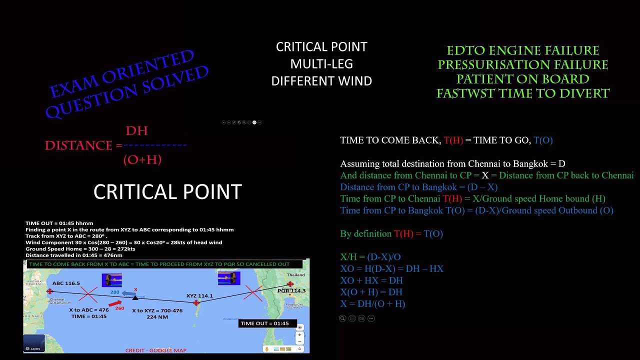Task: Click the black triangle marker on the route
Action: click(x=135, y=297)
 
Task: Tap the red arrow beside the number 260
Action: click(x=115, y=303)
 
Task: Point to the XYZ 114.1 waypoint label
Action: click(x=199, y=295)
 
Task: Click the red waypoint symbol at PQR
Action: click(x=289, y=284)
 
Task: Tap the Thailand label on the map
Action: click(x=295, y=275)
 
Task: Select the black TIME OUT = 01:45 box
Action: click(x=264, y=323)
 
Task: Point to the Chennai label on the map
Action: click(x=56, y=299)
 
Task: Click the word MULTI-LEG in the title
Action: click(x=321, y=64)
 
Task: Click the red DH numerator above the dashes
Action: click(x=136, y=131)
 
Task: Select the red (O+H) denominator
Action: click(x=142, y=159)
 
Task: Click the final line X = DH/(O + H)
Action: click(x=372, y=303)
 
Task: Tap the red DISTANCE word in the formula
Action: click(x=78, y=145)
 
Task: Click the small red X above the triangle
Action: click(x=135, y=289)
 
